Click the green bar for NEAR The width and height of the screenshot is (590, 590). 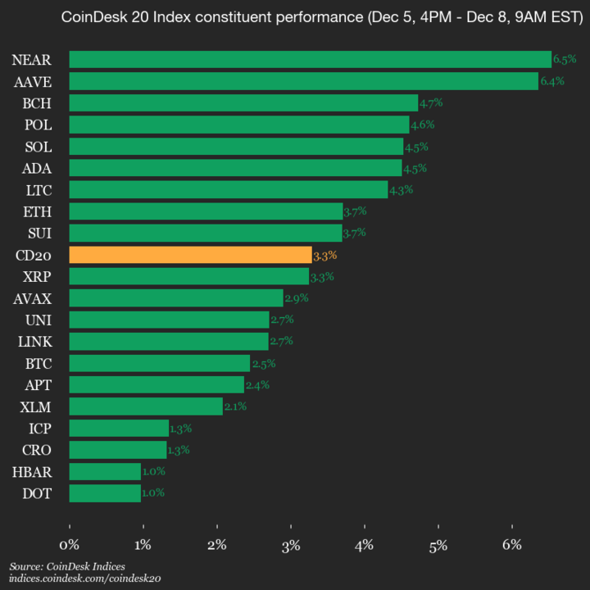[310, 59]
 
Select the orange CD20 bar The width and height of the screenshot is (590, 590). [190, 255]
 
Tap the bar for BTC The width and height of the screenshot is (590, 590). [160, 363]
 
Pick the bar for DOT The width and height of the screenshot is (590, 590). [105, 493]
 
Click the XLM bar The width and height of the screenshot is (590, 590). [146, 406]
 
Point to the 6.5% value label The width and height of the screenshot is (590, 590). [565, 59]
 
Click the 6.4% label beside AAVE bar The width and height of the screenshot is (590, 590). [551, 81]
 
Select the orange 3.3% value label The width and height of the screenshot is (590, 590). [324, 256]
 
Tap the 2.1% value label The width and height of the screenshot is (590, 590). [235, 406]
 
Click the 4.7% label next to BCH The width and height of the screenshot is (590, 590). [431, 103]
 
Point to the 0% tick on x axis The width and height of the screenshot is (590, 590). [70, 544]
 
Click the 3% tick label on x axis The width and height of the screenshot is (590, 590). [291, 544]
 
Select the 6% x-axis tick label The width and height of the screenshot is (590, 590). [512, 544]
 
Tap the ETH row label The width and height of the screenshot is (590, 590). [38, 211]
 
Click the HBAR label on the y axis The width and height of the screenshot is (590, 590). [32, 472]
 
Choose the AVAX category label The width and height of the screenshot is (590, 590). [33, 298]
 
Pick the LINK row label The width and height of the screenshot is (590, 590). [33, 342]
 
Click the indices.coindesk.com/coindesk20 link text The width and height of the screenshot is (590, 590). [84, 579]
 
